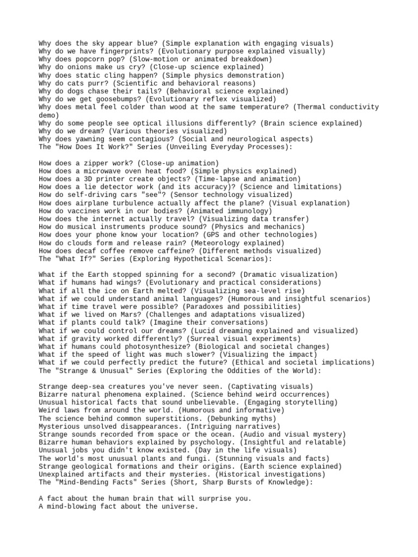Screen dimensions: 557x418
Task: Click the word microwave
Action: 104,171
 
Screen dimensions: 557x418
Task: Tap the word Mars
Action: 131,315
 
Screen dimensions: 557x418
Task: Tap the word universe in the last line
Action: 181,506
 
